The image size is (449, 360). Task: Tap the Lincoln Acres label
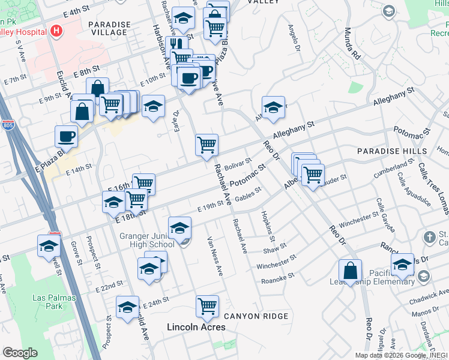[x=196, y=327]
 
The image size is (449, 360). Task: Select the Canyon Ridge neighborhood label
[x=256, y=316]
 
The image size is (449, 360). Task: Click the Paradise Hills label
[x=392, y=151]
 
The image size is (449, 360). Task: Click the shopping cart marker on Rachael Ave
[x=206, y=144]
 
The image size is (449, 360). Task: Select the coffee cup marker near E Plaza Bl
[x=66, y=136]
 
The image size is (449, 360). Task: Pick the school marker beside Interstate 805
[x=49, y=245]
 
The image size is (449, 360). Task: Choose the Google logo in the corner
[x=20, y=353]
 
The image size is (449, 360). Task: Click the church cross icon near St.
[x=430, y=237]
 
